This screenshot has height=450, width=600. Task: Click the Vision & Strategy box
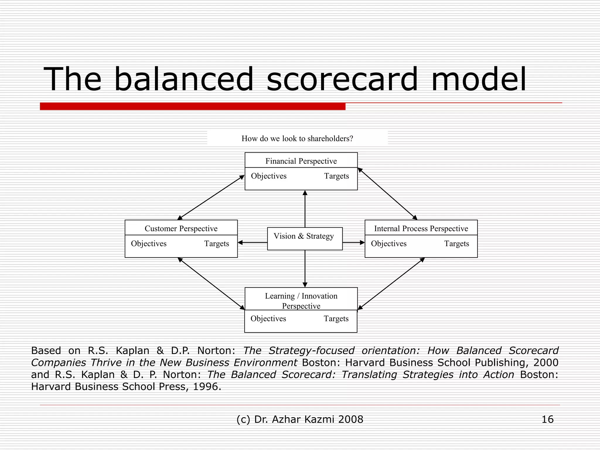coord(305,238)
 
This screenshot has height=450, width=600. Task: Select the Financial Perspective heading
coord(301,161)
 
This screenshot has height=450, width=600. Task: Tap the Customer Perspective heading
coord(181,228)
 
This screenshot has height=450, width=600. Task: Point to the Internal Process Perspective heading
coord(421,228)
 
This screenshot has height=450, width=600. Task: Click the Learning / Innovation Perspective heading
coord(301,301)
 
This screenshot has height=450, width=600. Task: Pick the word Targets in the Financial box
coord(336,176)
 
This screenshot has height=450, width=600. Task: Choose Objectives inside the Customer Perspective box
coord(149,243)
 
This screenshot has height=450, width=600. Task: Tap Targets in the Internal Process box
coord(456,243)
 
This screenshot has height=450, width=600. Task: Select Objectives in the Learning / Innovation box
coord(268,318)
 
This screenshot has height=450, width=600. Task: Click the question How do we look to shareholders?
coord(297,138)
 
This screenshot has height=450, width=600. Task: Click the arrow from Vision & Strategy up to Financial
coord(305,209)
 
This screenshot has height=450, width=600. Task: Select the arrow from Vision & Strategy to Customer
coord(252,243)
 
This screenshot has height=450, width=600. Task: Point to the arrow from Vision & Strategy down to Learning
coord(305,268)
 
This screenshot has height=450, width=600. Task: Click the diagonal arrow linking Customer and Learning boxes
coord(211,283)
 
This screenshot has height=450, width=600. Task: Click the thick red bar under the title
coord(192,106)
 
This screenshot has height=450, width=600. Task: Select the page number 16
coord(547,419)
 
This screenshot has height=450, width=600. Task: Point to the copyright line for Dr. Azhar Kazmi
coord(300,419)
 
